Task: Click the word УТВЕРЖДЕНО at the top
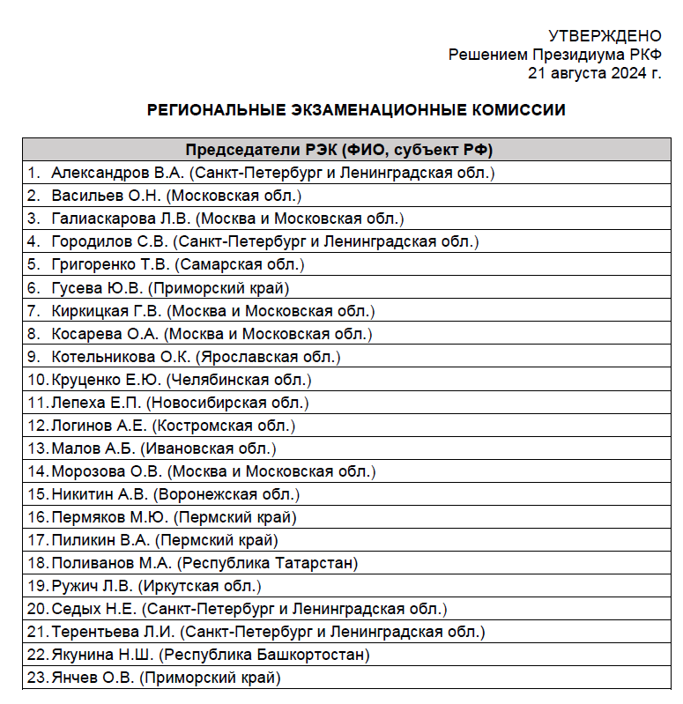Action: point(605,36)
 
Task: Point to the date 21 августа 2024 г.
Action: point(594,73)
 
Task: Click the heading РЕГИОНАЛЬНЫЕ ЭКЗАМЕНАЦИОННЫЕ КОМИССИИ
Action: point(356,110)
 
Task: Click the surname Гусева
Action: point(77,287)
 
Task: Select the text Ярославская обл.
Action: point(269,357)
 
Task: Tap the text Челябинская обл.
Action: point(240,380)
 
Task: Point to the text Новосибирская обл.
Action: point(227,403)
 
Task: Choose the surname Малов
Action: point(72,448)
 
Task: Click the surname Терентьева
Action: point(93,632)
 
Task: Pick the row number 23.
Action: point(36,678)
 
